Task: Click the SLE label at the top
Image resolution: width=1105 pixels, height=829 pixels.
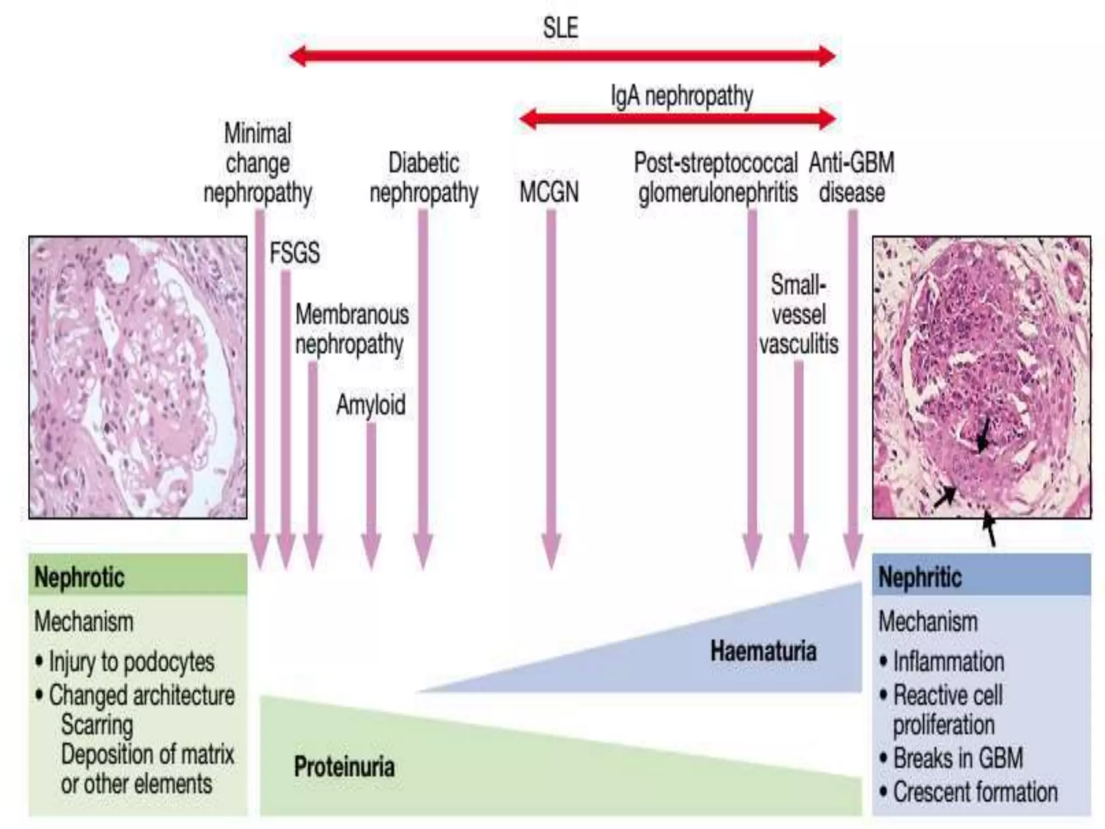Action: tap(561, 28)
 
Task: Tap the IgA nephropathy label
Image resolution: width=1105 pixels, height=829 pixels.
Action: tap(681, 97)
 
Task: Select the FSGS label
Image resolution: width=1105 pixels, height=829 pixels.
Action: tap(295, 253)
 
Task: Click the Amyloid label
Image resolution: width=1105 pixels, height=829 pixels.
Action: tap(371, 405)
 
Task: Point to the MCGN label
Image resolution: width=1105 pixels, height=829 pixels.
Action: tap(549, 192)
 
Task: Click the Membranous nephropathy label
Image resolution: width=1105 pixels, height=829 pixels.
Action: tap(351, 329)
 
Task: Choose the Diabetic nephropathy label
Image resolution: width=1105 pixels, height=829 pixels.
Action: tap(424, 178)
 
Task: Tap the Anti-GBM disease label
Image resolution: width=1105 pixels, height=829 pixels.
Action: tap(851, 178)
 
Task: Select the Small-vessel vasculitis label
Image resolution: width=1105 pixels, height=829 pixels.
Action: tap(799, 315)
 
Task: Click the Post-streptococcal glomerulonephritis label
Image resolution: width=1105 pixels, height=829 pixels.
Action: tap(716, 178)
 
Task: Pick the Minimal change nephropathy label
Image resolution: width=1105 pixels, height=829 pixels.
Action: tap(257, 163)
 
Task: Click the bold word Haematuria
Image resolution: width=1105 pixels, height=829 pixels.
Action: tap(763, 650)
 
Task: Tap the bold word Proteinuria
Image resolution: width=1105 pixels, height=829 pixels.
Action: tap(344, 766)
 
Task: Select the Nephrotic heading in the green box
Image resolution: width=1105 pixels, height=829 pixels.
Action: tap(79, 577)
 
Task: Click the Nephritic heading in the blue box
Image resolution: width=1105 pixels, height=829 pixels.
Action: tap(920, 577)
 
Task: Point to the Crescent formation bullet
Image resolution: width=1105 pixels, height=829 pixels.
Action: tap(974, 792)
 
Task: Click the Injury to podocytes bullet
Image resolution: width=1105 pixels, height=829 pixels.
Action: tap(131, 662)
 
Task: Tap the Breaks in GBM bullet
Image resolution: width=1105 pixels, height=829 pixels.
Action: tap(958, 758)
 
